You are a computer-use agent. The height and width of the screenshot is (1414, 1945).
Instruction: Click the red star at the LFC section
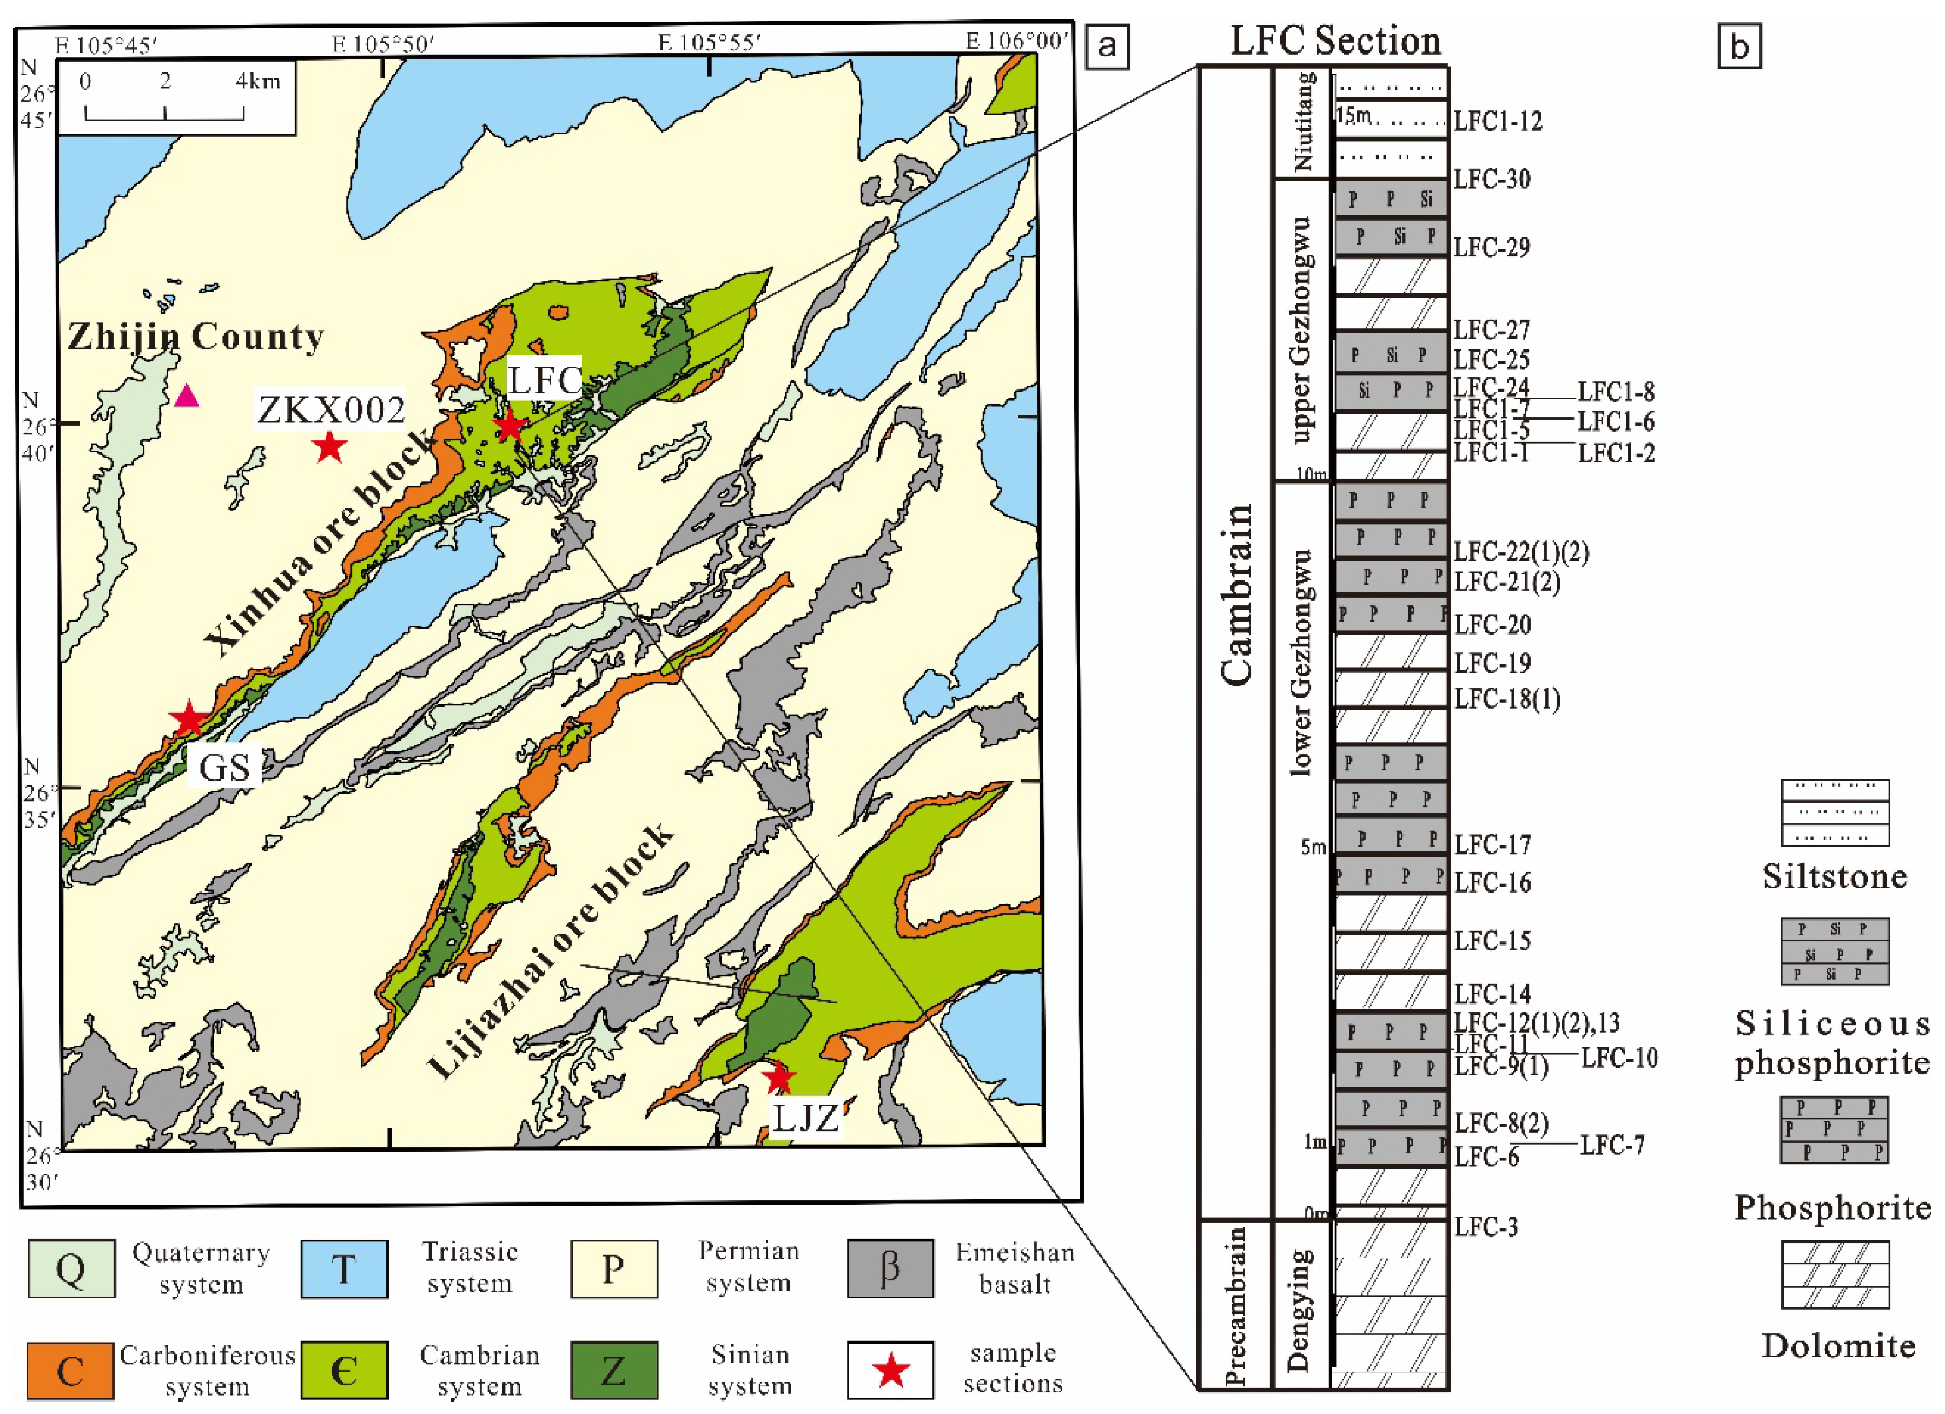coord(510,425)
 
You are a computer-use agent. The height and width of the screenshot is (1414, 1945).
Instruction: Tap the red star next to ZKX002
coord(329,447)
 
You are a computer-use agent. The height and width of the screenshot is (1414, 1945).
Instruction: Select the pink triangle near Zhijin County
coord(187,396)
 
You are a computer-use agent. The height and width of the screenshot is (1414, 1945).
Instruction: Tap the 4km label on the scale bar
coord(258,82)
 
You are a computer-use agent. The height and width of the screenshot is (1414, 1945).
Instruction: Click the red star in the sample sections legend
coord(891,1370)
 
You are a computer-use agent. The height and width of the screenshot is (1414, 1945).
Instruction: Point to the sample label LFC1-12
coord(1497,121)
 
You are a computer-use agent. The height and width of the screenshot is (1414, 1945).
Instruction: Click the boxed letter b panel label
coord(1739,47)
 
